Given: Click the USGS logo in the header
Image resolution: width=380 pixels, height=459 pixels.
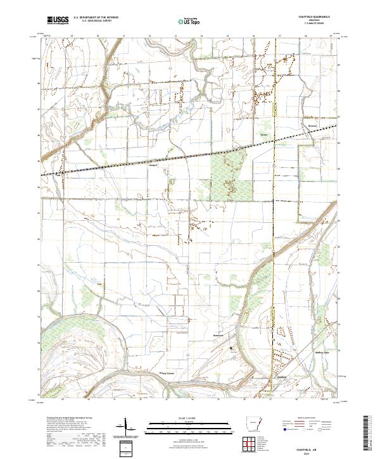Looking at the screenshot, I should coord(58,20).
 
